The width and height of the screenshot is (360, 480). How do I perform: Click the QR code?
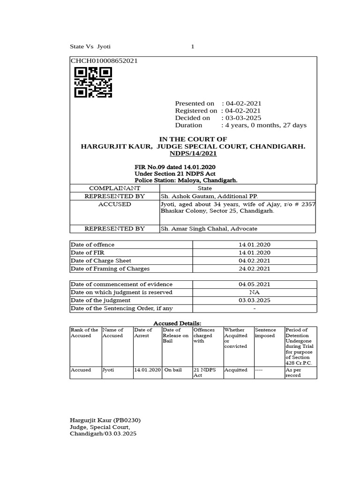click(x=93, y=82)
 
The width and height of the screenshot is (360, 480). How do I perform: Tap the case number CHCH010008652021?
click(x=104, y=61)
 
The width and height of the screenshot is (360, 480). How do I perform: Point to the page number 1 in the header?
click(x=192, y=46)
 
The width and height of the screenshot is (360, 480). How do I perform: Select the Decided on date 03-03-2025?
click(x=243, y=118)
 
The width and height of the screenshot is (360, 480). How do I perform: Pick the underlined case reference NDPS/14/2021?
click(x=193, y=154)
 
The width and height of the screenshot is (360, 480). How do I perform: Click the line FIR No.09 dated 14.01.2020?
click(x=175, y=167)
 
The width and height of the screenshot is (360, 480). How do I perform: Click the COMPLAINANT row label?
click(x=115, y=188)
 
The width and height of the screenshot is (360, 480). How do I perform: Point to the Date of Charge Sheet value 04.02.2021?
click(x=255, y=261)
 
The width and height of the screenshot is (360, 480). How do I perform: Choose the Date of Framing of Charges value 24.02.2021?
click(x=255, y=269)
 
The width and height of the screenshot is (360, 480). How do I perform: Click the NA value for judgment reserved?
click(x=255, y=292)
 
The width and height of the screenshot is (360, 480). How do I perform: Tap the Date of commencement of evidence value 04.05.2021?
click(x=255, y=284)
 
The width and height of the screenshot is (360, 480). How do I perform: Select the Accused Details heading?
click(x=178, y=323)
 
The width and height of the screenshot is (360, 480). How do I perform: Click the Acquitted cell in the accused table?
click(x=236, y=370)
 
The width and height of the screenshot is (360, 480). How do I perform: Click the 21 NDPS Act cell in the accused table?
click(x=204, y=373)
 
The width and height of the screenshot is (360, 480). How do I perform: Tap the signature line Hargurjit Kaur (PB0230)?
click(x=105, y=420)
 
